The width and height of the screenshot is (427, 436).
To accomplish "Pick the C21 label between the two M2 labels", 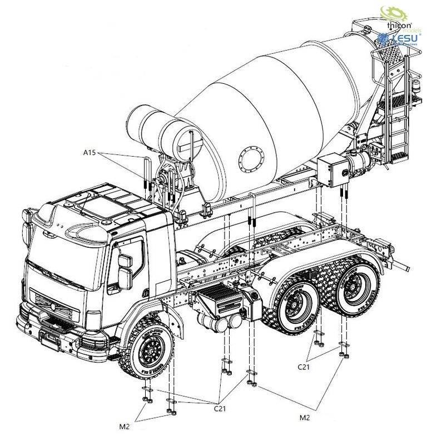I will [x=221, y=408].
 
